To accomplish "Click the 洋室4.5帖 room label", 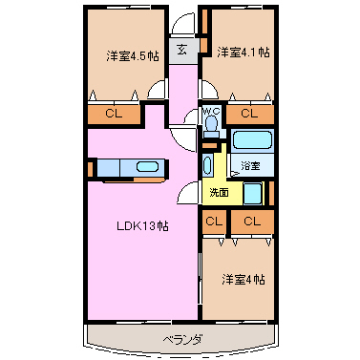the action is click(x=133, y=56).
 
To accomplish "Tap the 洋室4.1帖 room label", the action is click(x=244, y=52).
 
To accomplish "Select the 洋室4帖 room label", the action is click(x=244, y=280).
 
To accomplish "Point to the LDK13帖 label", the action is click(x=142, y=226).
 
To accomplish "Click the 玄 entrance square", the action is click(x=182, y=51).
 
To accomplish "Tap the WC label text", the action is click(x=211, y=111).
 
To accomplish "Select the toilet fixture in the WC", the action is click(x=211, y=127).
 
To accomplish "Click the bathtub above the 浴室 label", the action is click(x=252, y=140).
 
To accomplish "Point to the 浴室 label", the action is click(x=250, y=165).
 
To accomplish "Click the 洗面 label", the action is click(x=219, y=192).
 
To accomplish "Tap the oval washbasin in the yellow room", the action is click(x=207, y=165).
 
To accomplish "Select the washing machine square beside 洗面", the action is click(x=253, y=194).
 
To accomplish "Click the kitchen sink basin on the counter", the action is click(x=147, y=167).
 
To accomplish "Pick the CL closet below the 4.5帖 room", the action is click(x=114, y=114).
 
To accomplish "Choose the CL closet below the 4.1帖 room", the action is click(x=250, y=114).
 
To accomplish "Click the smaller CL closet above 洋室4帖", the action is click(x=214, y=222).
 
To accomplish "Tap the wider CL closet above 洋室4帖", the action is click(x=252, y=222).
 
